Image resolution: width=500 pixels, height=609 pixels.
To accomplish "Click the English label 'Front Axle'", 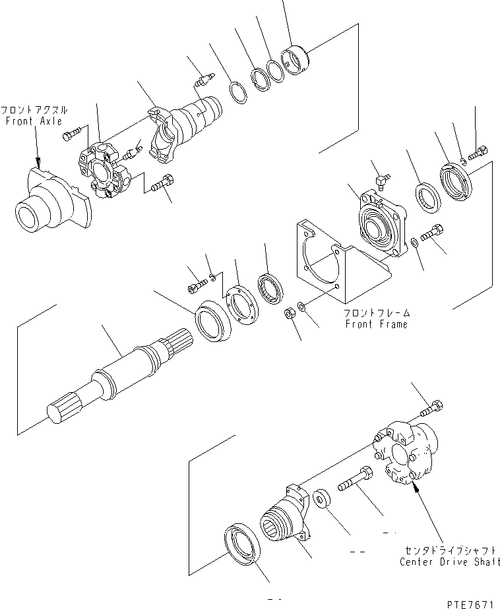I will (34, 121).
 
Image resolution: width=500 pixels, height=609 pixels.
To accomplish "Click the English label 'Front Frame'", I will (376, 324).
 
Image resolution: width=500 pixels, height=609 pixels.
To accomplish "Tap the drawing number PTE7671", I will (469, 603).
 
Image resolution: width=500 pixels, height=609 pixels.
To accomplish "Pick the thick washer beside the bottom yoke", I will (323, 499).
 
